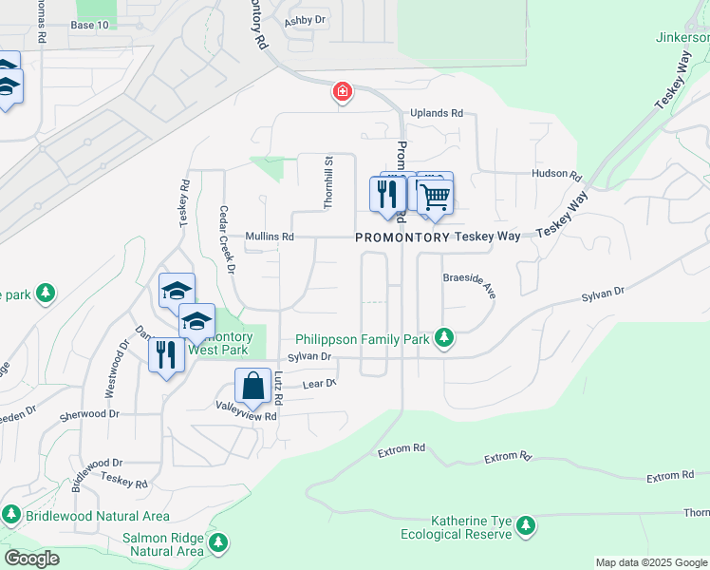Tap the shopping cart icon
coord(435,197)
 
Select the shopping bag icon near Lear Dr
coord(252,387)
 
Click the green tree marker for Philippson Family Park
coord(442,337)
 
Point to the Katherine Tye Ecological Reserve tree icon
coord(525,525)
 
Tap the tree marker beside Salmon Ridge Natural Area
coord(219,543)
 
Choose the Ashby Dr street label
coord(306,19)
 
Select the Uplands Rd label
coord(437,113)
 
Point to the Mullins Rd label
coord(269,236)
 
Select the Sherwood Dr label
coord(89,414)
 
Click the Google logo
coord(31,559)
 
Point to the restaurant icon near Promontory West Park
coord(167,355)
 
